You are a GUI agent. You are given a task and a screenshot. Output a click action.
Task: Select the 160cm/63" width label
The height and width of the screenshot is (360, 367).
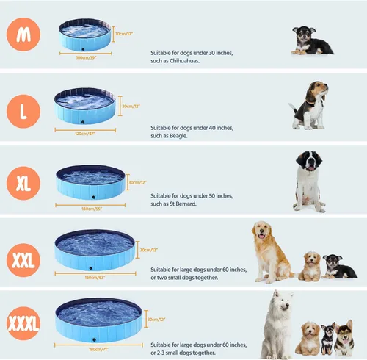(x=95, y=278)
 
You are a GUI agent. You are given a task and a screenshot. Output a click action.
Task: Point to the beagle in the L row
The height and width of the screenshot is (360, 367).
(x=308, y=104)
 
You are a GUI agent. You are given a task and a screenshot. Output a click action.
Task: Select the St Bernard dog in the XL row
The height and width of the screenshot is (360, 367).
(x=308, y=179)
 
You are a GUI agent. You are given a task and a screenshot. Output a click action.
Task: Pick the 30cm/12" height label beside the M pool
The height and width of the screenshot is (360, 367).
(x=123, y=34)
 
